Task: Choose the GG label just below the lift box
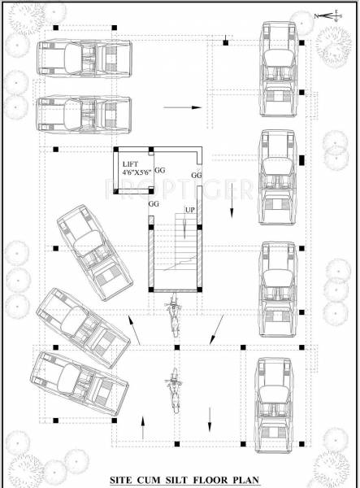[x=153, y=203]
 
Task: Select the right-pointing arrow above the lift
[x=182, y=107]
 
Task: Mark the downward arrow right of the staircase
[x=231, y=213]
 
